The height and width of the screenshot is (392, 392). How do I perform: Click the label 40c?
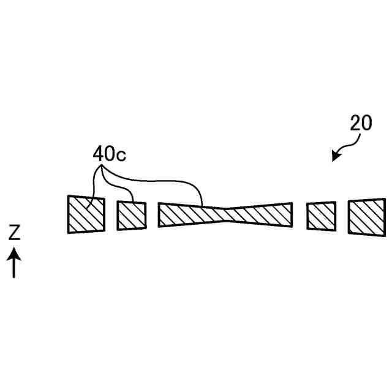[109, 154]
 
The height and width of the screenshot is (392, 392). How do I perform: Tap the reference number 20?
[361, 123]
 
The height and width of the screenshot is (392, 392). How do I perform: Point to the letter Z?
[15, 232]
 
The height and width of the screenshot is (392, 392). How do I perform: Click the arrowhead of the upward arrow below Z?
[15, 252]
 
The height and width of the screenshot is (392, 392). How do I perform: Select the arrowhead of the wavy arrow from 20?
[334, 159]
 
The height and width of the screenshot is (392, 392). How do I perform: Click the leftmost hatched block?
[86, 214]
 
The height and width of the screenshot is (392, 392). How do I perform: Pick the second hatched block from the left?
[132, 215]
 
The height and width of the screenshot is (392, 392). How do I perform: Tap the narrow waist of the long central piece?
[225, 214]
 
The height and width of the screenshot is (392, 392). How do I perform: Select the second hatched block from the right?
[322, 215]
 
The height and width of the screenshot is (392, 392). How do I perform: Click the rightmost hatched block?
[366, 216]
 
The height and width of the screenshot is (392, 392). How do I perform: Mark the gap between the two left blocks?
[111, 214]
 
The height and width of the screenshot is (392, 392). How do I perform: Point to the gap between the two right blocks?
[342, 216]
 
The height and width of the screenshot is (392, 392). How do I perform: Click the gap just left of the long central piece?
[153, 215]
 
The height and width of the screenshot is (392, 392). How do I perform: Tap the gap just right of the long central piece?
[300, 215]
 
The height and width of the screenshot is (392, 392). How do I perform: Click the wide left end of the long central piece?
[168, 214]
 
